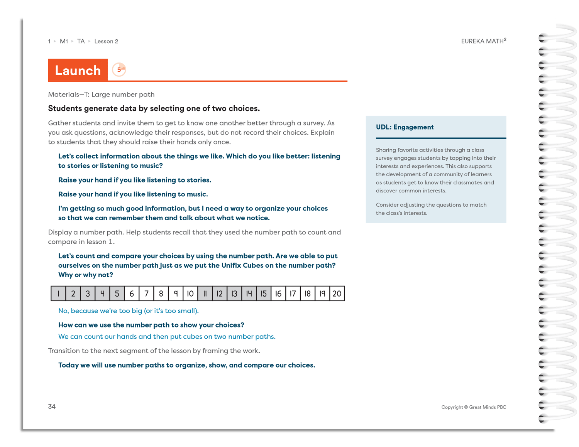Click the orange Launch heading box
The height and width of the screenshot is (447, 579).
click(78, 70)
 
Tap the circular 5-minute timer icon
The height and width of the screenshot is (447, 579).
click(119, 70)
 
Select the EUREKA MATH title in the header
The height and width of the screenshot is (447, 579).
click(483, 41)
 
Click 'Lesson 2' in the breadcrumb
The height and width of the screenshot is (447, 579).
click(106, 41)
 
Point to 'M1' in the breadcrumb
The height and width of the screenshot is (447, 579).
click(64, 41)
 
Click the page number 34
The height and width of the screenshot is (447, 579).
click(52, 407)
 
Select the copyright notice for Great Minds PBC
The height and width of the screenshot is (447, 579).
click(474, 407)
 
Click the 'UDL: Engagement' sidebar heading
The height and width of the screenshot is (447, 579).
click(405, 127)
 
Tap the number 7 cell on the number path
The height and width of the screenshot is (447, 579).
click(146, 294)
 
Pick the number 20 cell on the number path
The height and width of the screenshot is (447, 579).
click(337, 294)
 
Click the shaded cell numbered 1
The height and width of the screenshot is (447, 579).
click(58, 294)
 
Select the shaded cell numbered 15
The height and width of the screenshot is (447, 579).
click(264, 294)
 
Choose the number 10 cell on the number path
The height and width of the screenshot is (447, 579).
click(190, 294)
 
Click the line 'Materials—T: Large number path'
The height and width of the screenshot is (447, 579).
click(101, 94)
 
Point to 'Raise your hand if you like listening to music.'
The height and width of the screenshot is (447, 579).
click(133, 194)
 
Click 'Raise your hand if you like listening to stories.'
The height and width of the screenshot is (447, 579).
click(135, 180)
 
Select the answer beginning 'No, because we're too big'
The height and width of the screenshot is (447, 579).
click(128, 311)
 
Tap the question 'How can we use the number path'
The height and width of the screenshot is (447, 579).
click(151, 325)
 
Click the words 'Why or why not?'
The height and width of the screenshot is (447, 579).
click(86, 275)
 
